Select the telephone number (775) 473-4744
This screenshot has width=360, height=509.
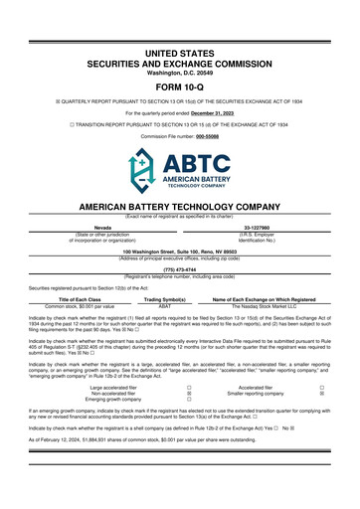(179, 268)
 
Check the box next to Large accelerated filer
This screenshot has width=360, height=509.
(189, 386)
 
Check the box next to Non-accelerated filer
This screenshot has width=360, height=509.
(189, 394)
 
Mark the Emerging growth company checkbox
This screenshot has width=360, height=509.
(189, 402)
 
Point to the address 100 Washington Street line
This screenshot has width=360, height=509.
(179, 252)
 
